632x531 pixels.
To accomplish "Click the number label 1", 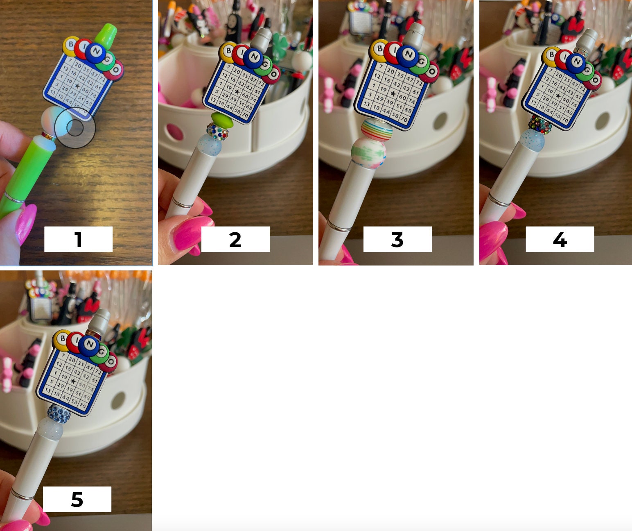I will [78, 239].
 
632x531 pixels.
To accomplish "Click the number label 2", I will [235, 239].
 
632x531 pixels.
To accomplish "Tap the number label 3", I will [397, 239].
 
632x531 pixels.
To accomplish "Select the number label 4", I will [560, 239].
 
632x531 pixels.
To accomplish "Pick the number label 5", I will [77, 499].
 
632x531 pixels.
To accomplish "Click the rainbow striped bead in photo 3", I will [377, 128].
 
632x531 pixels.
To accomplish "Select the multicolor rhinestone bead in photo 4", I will [540, 123].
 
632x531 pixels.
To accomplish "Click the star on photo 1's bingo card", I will [77, 86].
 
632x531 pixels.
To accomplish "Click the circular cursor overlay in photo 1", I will [75, 128].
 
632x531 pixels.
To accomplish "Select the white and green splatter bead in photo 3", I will [369, 151].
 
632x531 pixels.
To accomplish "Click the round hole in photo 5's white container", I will [118, 400].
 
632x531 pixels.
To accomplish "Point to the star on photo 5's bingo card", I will [73, 381].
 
